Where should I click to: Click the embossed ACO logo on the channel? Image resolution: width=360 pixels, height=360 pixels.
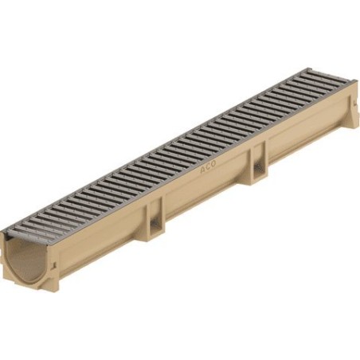pyautogui.click(x=208, y=167)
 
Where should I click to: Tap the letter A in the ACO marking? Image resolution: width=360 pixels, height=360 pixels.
pyautogui.click(x=202, y=170)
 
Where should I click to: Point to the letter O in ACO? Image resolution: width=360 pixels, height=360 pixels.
pyautogui.click(x=213, y=164)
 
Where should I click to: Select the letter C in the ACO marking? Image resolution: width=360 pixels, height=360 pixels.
pyautogui.click(x=208, y=167)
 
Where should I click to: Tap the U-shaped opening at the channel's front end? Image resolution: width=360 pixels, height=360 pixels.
pyautogui.click(x=26, y=260)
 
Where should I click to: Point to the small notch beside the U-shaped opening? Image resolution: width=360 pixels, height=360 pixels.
pyautogui.click(x=53, y=265)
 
